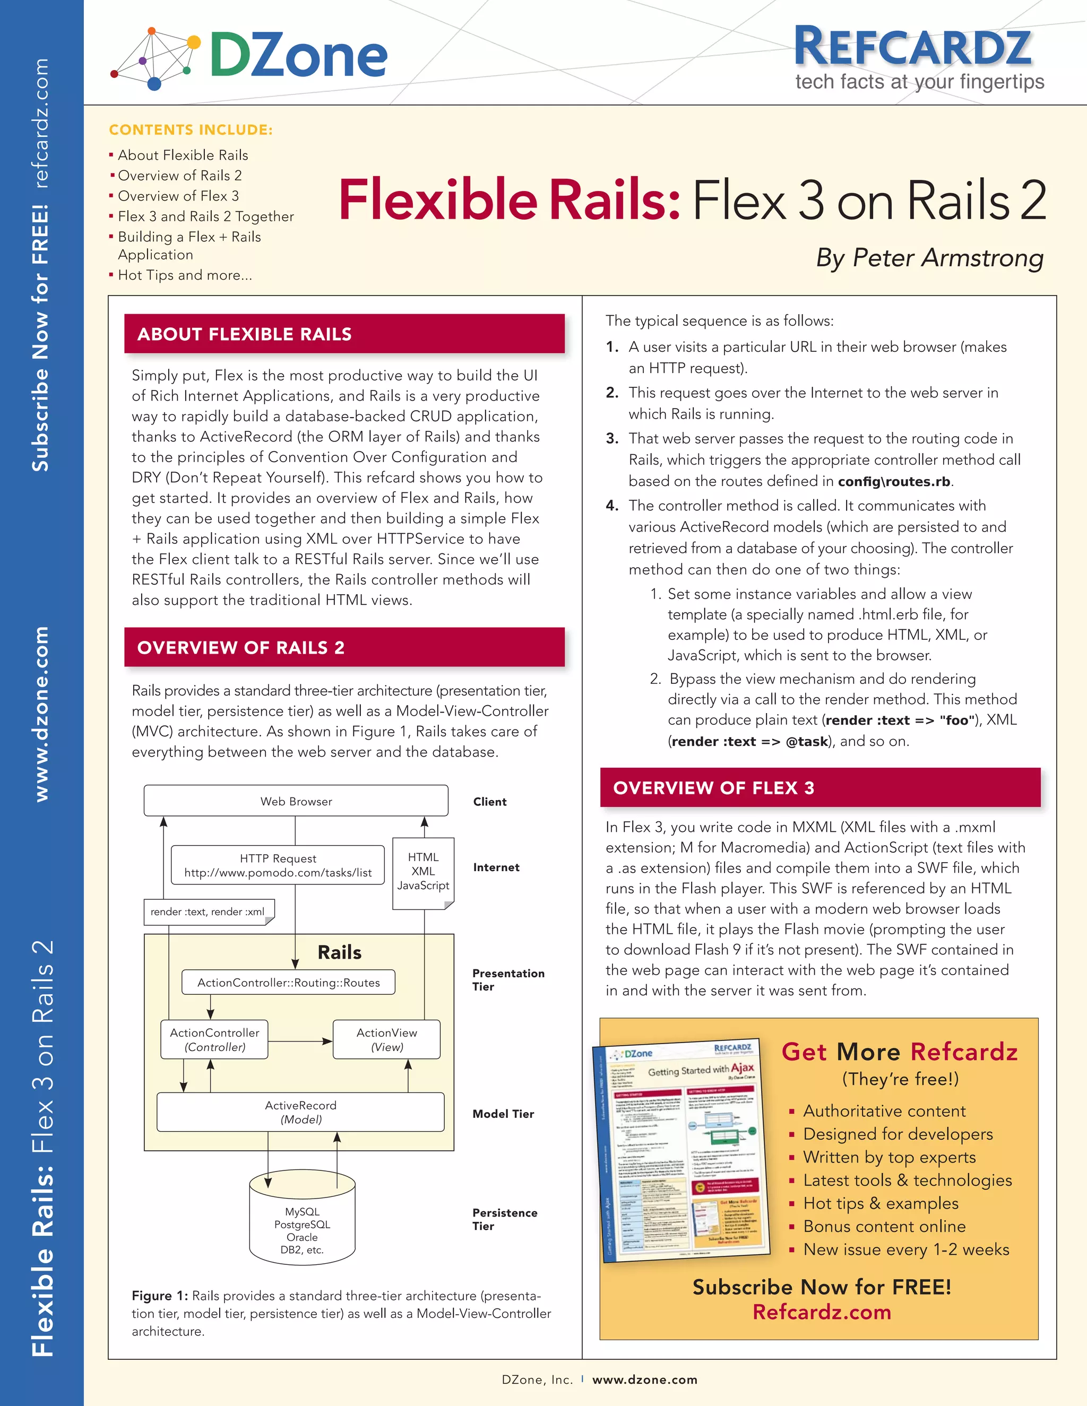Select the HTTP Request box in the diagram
(x=278, y=865)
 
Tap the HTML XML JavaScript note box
(x=423, y=872)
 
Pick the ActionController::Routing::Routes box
(x=289, y=983)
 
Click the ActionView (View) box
(x=386, y=1039)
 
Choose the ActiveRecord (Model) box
(x=301, y=1112)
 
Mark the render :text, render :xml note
(x=208, y=912)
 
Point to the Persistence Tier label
(x=504, y=1219)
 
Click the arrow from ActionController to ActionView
(x=300, y=1040)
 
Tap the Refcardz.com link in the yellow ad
(x=822, y=1312)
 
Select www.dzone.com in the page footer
(x=644, y=1379)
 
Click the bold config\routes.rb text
(x=894, y=482)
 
